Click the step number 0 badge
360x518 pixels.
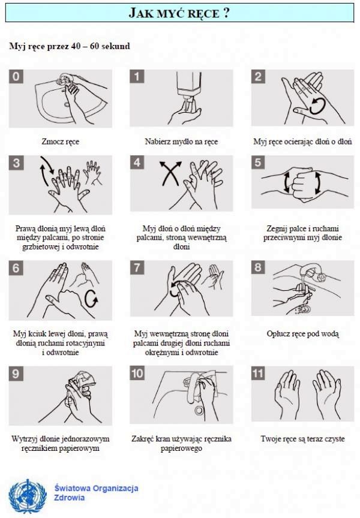(16, 76)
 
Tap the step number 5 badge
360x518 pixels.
(258, 162)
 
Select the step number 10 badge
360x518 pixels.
(137, 373)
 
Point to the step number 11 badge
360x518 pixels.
(258, 373)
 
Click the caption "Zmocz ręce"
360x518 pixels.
(61, 141)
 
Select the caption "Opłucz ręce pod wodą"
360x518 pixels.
(303, 334)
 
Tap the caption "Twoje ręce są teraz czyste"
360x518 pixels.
(303, 439)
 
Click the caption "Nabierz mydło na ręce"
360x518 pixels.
(181, 141)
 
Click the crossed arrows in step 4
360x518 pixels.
(170, 173)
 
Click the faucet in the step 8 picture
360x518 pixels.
(313, 271)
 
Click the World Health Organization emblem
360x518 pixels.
(28, 496)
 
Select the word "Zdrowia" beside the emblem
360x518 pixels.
(70, 498)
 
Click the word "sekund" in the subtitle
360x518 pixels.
(116, 46)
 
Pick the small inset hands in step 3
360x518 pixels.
(92, 172)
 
